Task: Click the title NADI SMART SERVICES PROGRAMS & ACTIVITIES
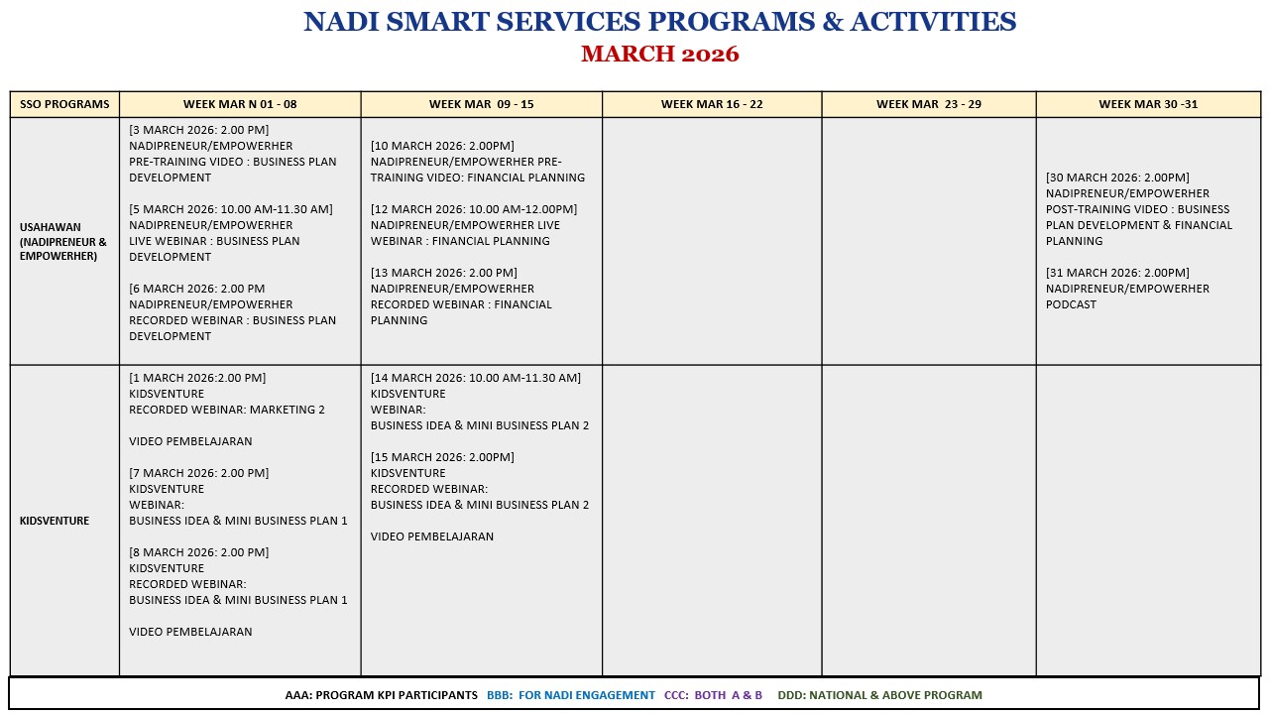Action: [x=659, y=22]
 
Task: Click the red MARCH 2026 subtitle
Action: [x=659, y=54]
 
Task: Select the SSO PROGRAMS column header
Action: [x=64, y=104]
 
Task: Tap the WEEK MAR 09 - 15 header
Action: [x=481, y=104]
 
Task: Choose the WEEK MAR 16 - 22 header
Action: [x=712, y=104]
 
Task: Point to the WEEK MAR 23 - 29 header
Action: [x=929, y=104]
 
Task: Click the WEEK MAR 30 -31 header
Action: [x=1148, y=104]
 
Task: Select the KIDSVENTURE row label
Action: [x=55, y=521]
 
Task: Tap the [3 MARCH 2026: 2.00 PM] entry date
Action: [x=198, y=130]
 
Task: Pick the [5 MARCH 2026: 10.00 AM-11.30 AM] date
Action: [x=231, y=209]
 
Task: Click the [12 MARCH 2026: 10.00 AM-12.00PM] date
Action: [x=474, y=209]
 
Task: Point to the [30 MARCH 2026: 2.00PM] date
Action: [x=1117, y=178]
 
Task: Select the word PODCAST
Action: [x=1071, y=304]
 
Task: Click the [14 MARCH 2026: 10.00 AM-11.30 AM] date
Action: [x=476, y=378]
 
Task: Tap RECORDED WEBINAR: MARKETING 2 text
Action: [x=227, y=410]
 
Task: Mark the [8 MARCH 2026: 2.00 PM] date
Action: [x=198, y=552]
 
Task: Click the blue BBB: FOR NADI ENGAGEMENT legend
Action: [x=571, y=695]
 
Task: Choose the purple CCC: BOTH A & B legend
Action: [x=714, y=695]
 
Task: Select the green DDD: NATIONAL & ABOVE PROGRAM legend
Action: [x=880, y=695]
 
